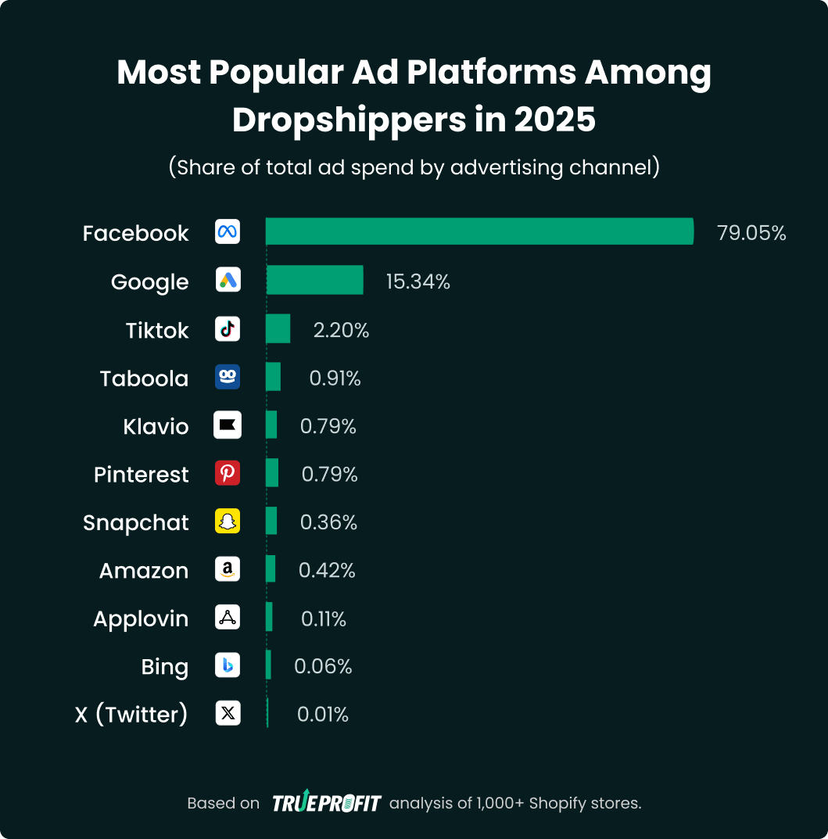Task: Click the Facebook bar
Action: [x=479, y=231]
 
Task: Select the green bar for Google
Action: [x=315, y=280]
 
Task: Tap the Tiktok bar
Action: [x=278, y=328]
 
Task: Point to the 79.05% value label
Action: [x=751, y=233]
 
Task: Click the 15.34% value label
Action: [x=418, y=281]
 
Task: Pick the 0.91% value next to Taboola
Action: [x=335, y=378]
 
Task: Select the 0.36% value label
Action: [x=328, y=522]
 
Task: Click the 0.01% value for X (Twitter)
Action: [x=322, y=714]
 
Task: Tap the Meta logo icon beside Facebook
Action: [x=228, y=232]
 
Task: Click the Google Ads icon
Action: [x=228, y=281]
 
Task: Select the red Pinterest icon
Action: [x=228, y=474]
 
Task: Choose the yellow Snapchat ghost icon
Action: [x=228, y=522]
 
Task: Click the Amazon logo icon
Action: [x=228, y=570]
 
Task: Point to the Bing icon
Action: [x=228, y=665]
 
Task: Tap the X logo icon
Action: [x=228, y=713]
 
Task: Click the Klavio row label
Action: [x=156, y=426]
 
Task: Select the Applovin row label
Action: [x=141, y=618]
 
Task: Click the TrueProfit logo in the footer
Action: [x=326, y=803]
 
